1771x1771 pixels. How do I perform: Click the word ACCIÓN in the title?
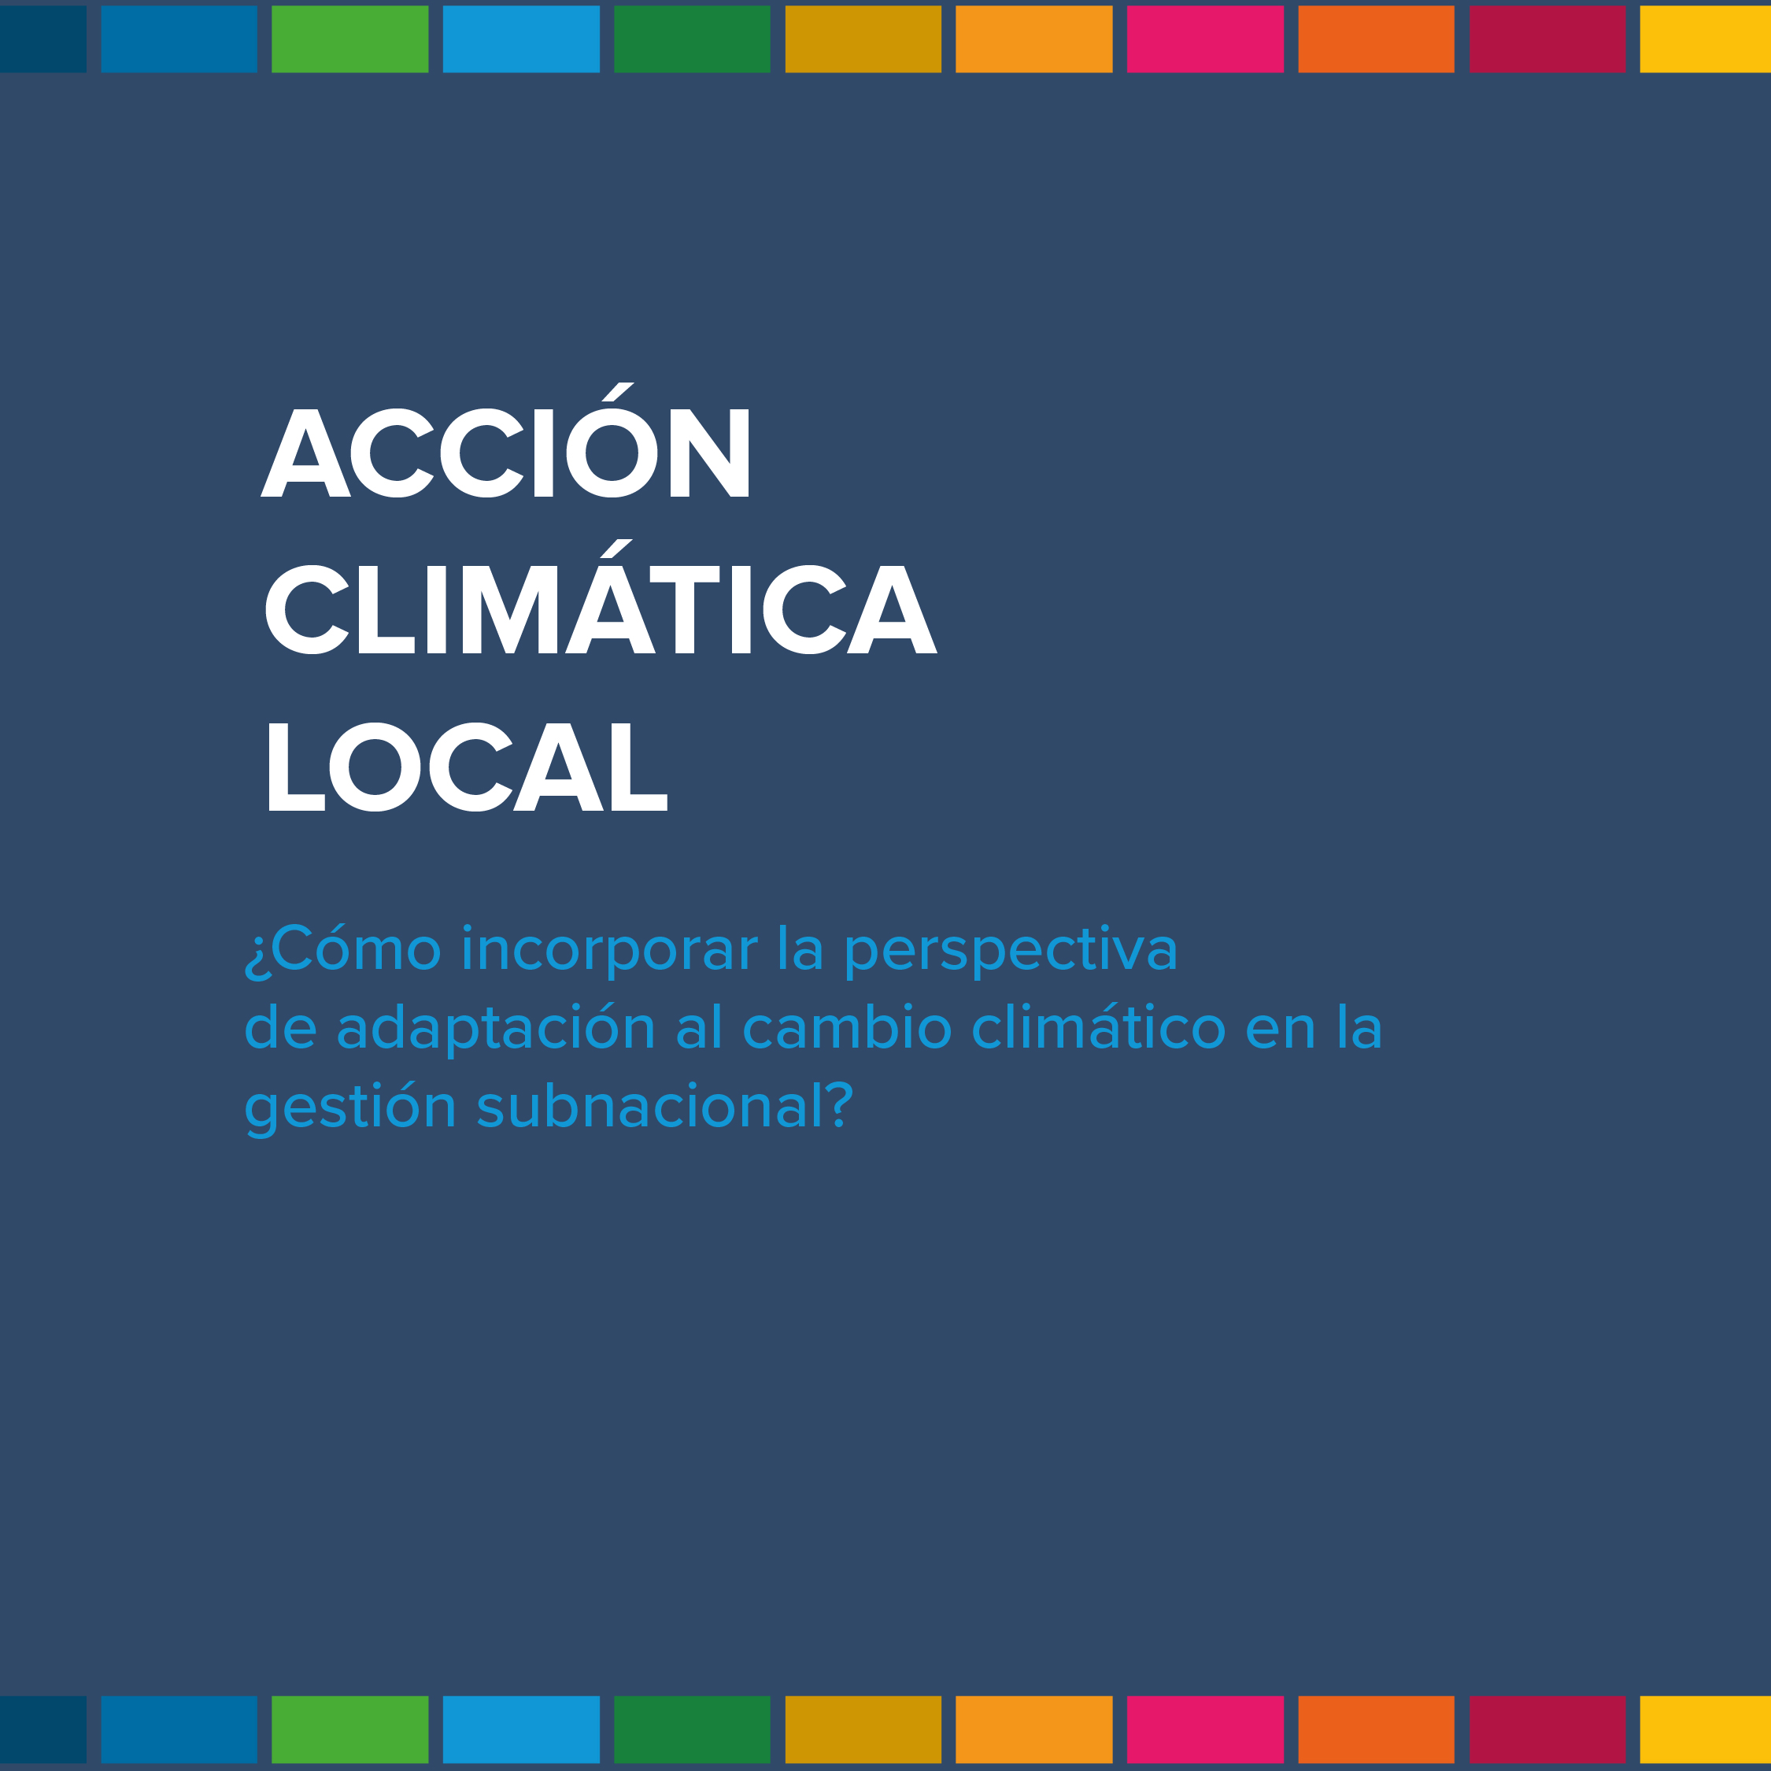pyautogui.click(x=505, y=440)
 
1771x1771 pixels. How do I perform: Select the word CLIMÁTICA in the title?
pyautogui.click(x=601, y=597)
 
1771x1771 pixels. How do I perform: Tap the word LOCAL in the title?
pyautogui.click(x=468, y=767)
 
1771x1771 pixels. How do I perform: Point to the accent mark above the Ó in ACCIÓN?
pyautogui.click(x=618, y=391)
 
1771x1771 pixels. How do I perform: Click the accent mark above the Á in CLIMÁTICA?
pyautogui.click(x=617, y=548)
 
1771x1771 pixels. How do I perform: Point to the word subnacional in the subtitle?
pyautogui.click(x=651, y=1107)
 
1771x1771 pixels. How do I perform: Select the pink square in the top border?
pyautogui.click(x=1204, y=39)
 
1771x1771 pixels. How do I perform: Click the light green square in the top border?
pyautogui.click(x=350, y=39)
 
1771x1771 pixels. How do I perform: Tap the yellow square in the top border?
pyautogui.click(x=1705, y=39)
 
